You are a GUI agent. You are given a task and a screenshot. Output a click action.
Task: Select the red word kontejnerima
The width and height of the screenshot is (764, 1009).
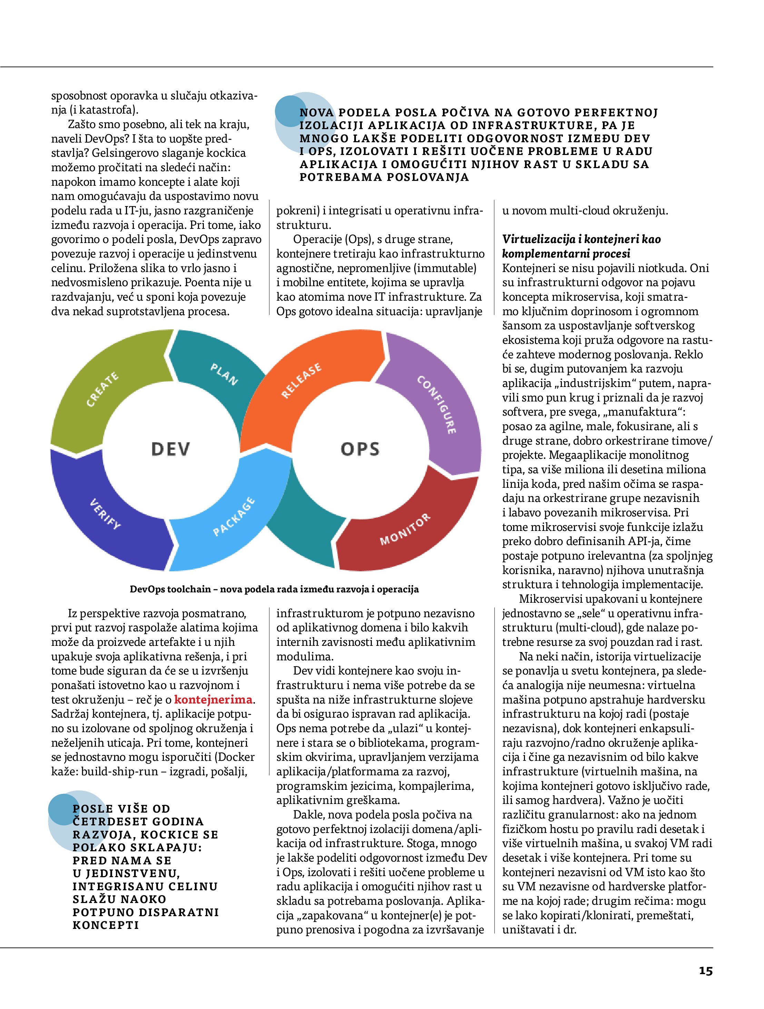pos(213,700)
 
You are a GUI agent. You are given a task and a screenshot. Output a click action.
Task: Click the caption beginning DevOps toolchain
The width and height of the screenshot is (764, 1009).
pos(274,589)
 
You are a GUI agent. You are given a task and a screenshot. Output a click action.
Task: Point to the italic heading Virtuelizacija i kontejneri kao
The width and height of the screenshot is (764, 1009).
pos(581,239)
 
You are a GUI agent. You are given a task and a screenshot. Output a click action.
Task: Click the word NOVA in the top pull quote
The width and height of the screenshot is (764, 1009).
pos(317,113)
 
